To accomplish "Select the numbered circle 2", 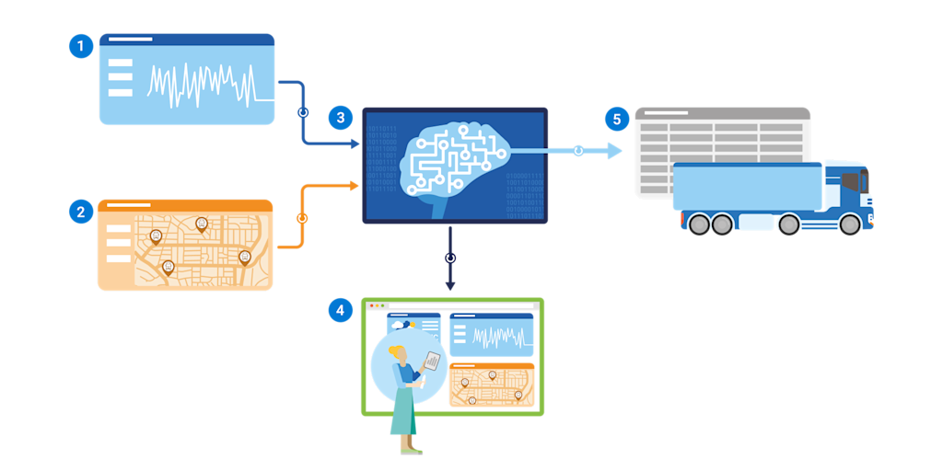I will coord(81,212).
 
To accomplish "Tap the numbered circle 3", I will coord(341,118).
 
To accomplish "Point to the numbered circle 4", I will coord(341,310).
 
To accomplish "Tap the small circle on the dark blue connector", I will coord(302,112).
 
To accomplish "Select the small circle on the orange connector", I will coord(302,219).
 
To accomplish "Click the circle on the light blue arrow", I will coord(578,150).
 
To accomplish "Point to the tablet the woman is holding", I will coord(430,361).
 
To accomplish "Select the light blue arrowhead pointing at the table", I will coord(614,150).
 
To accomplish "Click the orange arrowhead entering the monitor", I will coord(355,186).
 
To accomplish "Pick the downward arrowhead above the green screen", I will coord(450,285).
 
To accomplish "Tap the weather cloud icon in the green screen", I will coord(402,325).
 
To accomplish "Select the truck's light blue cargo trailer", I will coord(747,187).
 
